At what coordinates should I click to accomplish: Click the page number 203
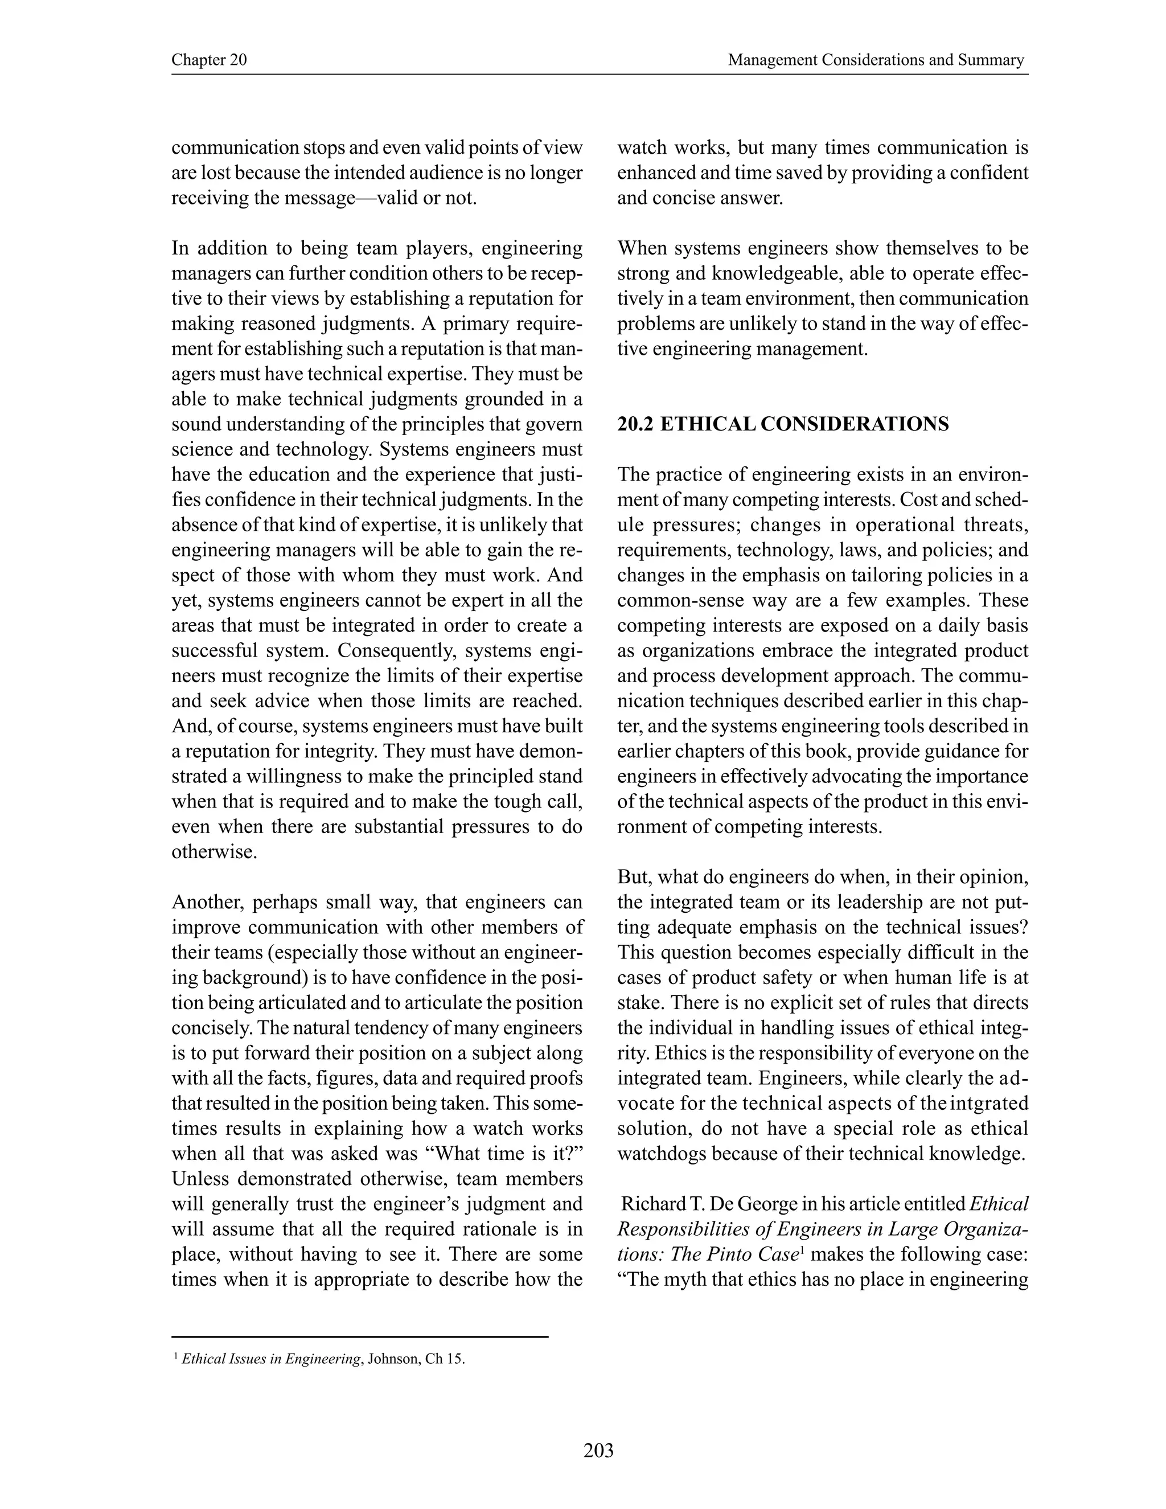click(x=598, y=1450)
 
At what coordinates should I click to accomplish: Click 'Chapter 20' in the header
click(x=208, y=60)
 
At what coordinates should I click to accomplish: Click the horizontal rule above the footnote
click(x=359, y=1338)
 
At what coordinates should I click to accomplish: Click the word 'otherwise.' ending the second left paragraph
click(x=214, y=852)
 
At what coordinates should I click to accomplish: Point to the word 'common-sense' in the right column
click(x=680, y=600)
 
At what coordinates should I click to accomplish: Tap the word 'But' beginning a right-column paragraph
click(x=633, y=877)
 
